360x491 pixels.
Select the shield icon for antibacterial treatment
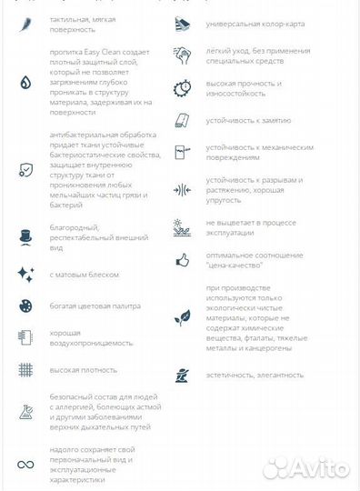click(25, 169)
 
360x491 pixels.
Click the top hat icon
click(25, 236)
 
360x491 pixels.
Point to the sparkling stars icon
click(25, 274)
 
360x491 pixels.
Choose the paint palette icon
click(25, 306)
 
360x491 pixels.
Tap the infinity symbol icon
click(25, 465)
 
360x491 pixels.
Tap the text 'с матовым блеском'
click(84, 274)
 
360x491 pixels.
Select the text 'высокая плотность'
click(84, 370)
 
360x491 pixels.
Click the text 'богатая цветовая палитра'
click(95, 306)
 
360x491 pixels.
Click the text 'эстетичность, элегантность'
click(255, 375)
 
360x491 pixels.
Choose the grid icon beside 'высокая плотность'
click(25, 370)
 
